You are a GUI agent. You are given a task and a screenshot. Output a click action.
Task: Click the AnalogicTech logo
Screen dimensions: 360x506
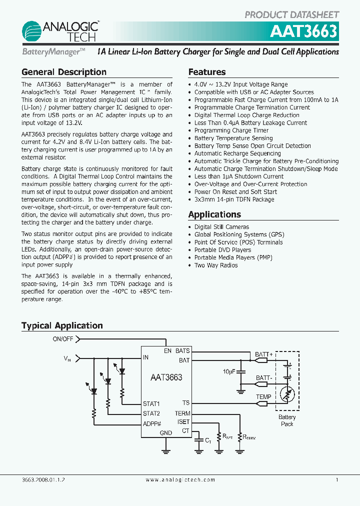[x=60, y=31]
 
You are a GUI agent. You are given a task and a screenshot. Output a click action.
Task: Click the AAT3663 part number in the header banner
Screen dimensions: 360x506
[x=303, y=31]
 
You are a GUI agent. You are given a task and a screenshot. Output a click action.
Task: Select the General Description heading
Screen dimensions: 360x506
[x=64, y=72]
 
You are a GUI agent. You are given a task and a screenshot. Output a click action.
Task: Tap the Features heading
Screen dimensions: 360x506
[x=207, y=72]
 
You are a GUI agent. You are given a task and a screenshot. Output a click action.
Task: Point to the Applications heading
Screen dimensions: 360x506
[x=214, y=214]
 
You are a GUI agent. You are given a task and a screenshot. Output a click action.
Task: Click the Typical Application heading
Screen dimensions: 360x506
[x=62, y=325]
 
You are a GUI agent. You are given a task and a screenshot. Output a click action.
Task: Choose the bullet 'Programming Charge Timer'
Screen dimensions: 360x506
[x=231, y=130]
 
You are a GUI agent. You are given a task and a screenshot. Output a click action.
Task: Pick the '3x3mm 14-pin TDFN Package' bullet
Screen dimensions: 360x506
[x=234, y=199]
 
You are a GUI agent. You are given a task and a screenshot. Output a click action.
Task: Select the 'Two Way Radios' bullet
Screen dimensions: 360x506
[x=216, y=265]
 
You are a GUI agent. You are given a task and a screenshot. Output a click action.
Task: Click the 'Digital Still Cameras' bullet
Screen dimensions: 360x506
[x=221, y=227]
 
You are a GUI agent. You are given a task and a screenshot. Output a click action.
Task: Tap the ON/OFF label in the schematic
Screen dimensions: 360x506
[x=63, y=339]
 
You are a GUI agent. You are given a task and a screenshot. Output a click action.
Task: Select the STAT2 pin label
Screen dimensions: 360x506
[x=151, y=413]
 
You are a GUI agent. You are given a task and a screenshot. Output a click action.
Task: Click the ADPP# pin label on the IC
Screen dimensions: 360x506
[x=151, y=423]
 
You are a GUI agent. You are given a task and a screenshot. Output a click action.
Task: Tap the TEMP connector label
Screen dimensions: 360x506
[x=263, y=397]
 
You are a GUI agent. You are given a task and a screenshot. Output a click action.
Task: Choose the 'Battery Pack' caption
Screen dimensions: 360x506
[x=287, y=420]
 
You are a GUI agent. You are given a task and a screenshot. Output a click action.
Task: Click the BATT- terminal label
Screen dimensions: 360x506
[x=264, y=378]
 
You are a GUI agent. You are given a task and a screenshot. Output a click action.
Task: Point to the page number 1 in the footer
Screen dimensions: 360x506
[x=337, y=479]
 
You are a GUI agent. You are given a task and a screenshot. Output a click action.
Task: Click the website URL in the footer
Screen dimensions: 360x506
[x=180, y=479]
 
